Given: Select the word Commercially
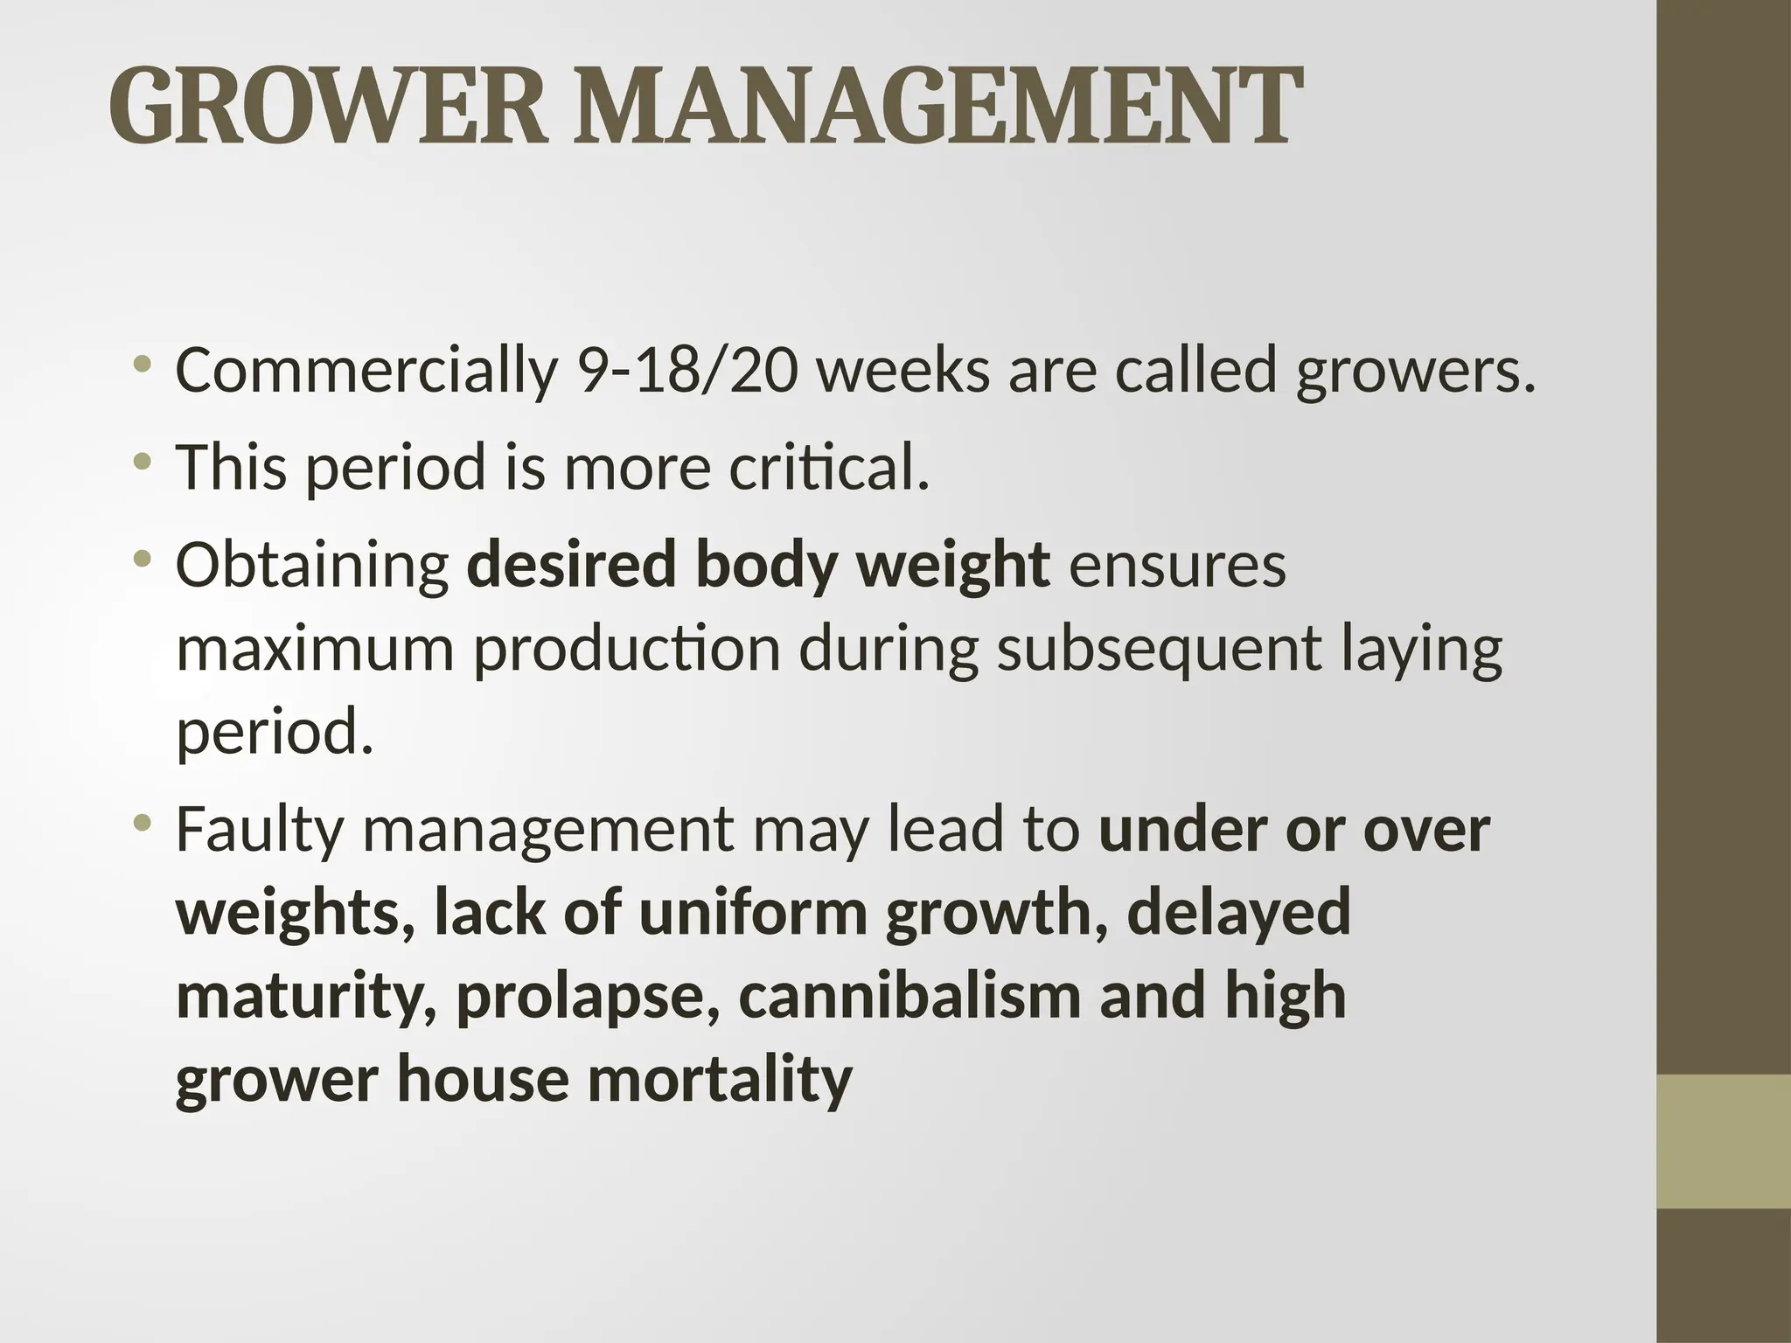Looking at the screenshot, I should [366, 370].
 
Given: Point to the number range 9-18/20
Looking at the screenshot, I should [688, 370].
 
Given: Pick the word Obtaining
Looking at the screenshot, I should [312, 564].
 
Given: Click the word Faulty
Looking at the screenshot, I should [259, 830].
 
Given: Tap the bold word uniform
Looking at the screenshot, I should [753, 912].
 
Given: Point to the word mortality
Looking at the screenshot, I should [719, 1080].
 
